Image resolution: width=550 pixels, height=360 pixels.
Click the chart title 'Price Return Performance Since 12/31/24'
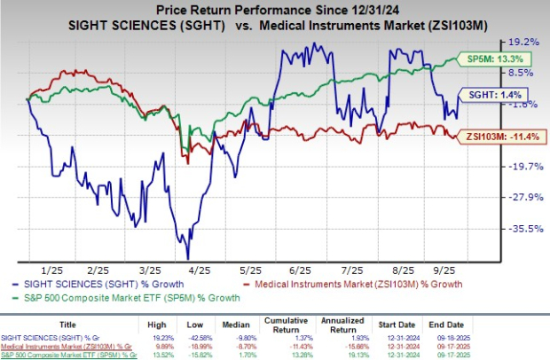[x=275, y=8]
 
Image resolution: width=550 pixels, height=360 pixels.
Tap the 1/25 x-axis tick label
[x=51, y=269]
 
